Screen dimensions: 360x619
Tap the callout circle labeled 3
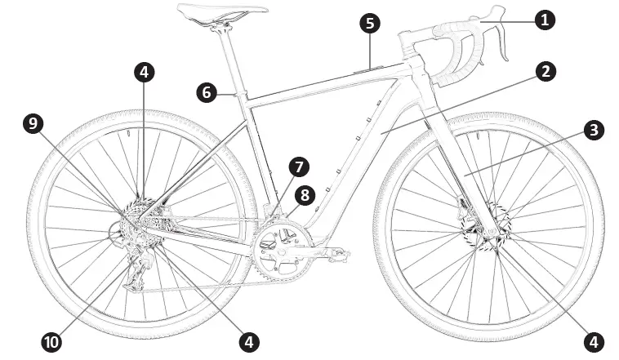point(594,130)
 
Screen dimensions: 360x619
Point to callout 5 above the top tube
point(371,23)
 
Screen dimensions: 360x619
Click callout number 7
point(298,167)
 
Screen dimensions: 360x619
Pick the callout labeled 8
point(305,195)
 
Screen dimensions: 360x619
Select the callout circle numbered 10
point(52,341)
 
